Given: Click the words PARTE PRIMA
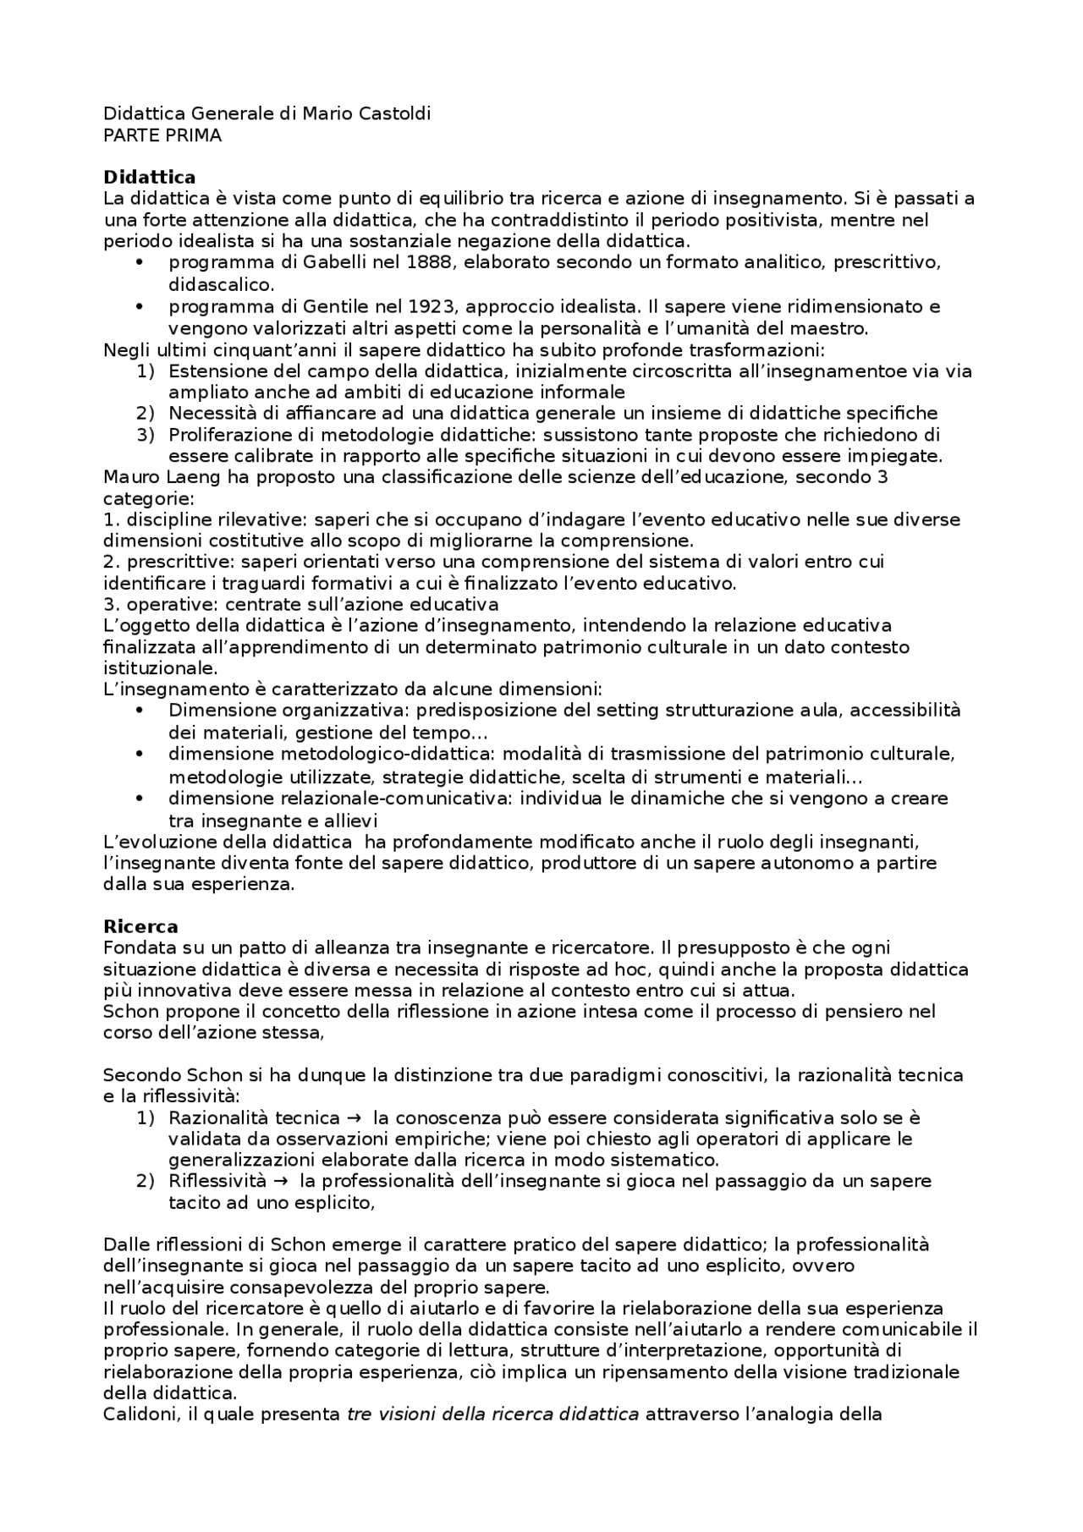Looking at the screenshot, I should tap(162, 135).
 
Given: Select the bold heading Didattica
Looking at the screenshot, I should tap(149, 177).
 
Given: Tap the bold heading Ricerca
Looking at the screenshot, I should tap(140, 926).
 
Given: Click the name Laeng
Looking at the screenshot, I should tap(178, 477).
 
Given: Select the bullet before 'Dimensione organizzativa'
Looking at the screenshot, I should tap(140, 711).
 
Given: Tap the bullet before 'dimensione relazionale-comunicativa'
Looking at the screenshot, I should tap(140, 799).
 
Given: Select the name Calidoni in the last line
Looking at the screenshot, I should tap(139, 1414).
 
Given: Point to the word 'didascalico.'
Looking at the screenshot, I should tap(221, 285).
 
